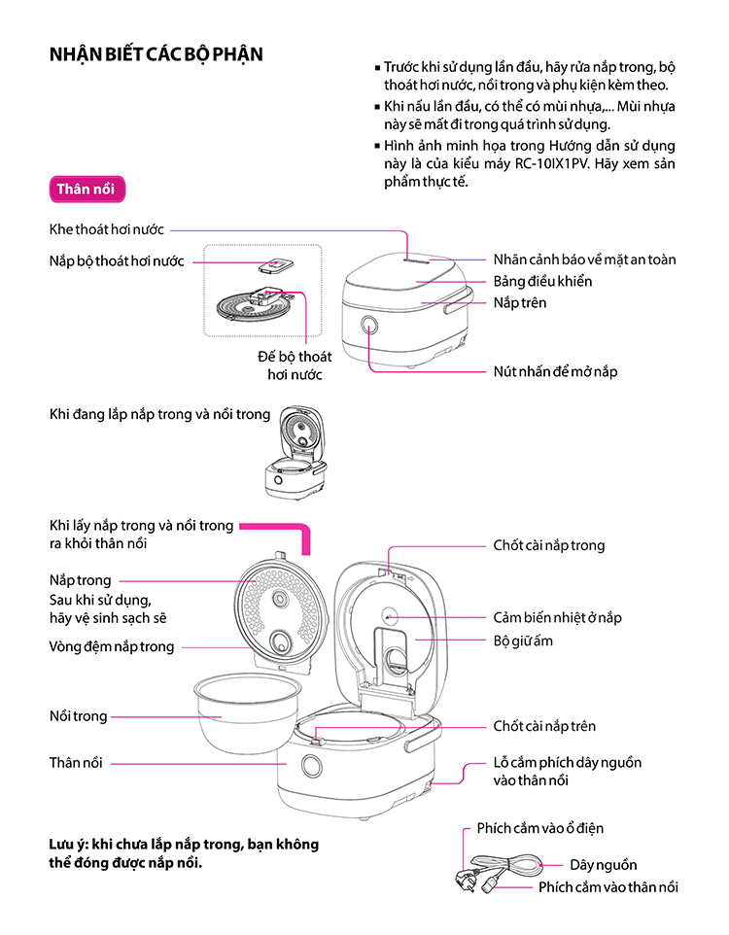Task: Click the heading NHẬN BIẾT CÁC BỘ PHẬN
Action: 156,53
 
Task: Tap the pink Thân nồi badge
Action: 86,189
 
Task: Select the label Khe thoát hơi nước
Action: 107,229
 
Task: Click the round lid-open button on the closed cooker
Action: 371,326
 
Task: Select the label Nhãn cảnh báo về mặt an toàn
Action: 584,260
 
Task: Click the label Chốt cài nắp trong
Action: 548,545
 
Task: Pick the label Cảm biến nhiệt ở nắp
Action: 557,617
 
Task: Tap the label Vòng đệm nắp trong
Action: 112,646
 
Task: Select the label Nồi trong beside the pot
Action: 78,716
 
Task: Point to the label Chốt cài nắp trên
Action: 544,726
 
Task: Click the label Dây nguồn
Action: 604,864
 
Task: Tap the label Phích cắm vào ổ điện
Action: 539,828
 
